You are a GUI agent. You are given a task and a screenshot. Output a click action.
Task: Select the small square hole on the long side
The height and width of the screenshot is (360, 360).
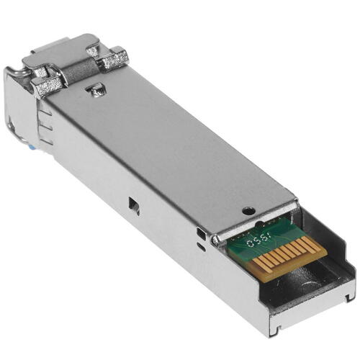pos(134,206)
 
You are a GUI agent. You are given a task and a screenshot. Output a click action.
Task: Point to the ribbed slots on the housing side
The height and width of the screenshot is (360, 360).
pos(44,127)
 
